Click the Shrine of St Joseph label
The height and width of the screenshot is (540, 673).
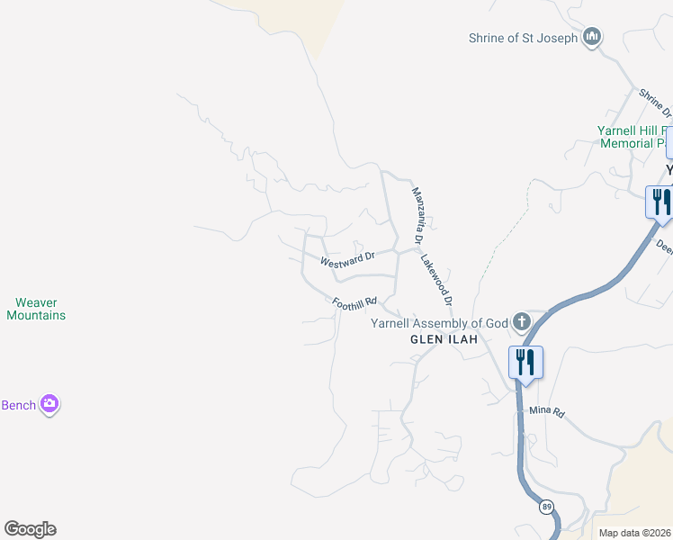click(x=523, y=38)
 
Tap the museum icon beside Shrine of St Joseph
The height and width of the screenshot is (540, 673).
click(x=592, y=37)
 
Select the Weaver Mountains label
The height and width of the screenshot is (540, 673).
click(x=36, y=309)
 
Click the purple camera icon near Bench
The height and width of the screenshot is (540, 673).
click(x=49, y=404)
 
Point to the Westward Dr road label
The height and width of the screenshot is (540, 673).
click(x=347, y=260)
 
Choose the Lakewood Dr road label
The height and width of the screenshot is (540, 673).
click(x=436, y=278)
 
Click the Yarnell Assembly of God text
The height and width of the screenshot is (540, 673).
click(x=440, y=324)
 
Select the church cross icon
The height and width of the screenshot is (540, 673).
click(x=522, y=321)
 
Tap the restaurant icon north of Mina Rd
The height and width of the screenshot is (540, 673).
click(x=525, y=362)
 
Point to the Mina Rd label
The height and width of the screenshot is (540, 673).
click(x=546, y=411)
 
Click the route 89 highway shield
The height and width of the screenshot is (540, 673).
click(x=547, y=508)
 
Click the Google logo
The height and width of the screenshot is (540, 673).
click(x=30, y=529)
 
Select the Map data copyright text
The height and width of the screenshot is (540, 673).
click(x=633, y=533)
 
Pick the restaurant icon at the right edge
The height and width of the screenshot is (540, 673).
click(x=660, y=202)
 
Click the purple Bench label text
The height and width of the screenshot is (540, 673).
click(x=18, y=405)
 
